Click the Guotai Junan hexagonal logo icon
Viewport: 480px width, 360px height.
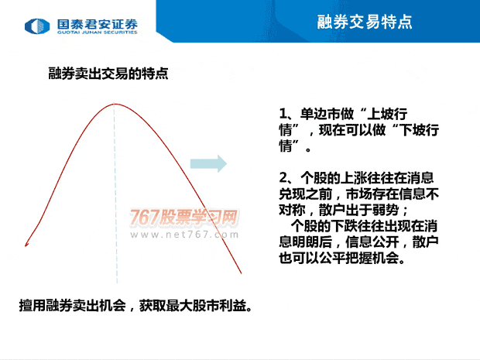[x=37, y=26]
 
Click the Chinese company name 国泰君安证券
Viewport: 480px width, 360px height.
[x=98, y=24]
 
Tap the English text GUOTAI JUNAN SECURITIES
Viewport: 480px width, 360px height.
[x=98, y=33]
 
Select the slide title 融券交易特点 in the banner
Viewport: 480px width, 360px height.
[x=365, y=22]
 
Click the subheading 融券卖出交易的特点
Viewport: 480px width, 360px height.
[x=108, y=74]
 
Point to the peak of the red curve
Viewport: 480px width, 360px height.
[x=115, y=104]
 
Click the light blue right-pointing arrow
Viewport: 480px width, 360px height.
[x=208, y=163]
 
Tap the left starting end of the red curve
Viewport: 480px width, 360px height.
[x=26, y=245]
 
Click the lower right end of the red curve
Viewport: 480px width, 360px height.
[x=242, y=273]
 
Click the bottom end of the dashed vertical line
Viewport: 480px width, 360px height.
[x=117, y=283]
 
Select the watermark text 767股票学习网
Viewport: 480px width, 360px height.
[x=183, y=218]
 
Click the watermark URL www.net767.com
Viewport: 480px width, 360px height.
[x=184, y=235]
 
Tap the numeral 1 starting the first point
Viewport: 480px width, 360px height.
[x=283, y=114]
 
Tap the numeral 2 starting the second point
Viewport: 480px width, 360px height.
[x=283, y=177]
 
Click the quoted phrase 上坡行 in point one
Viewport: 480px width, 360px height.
[x=387, y=114]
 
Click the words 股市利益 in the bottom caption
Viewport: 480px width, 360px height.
[x=219, y=306]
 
